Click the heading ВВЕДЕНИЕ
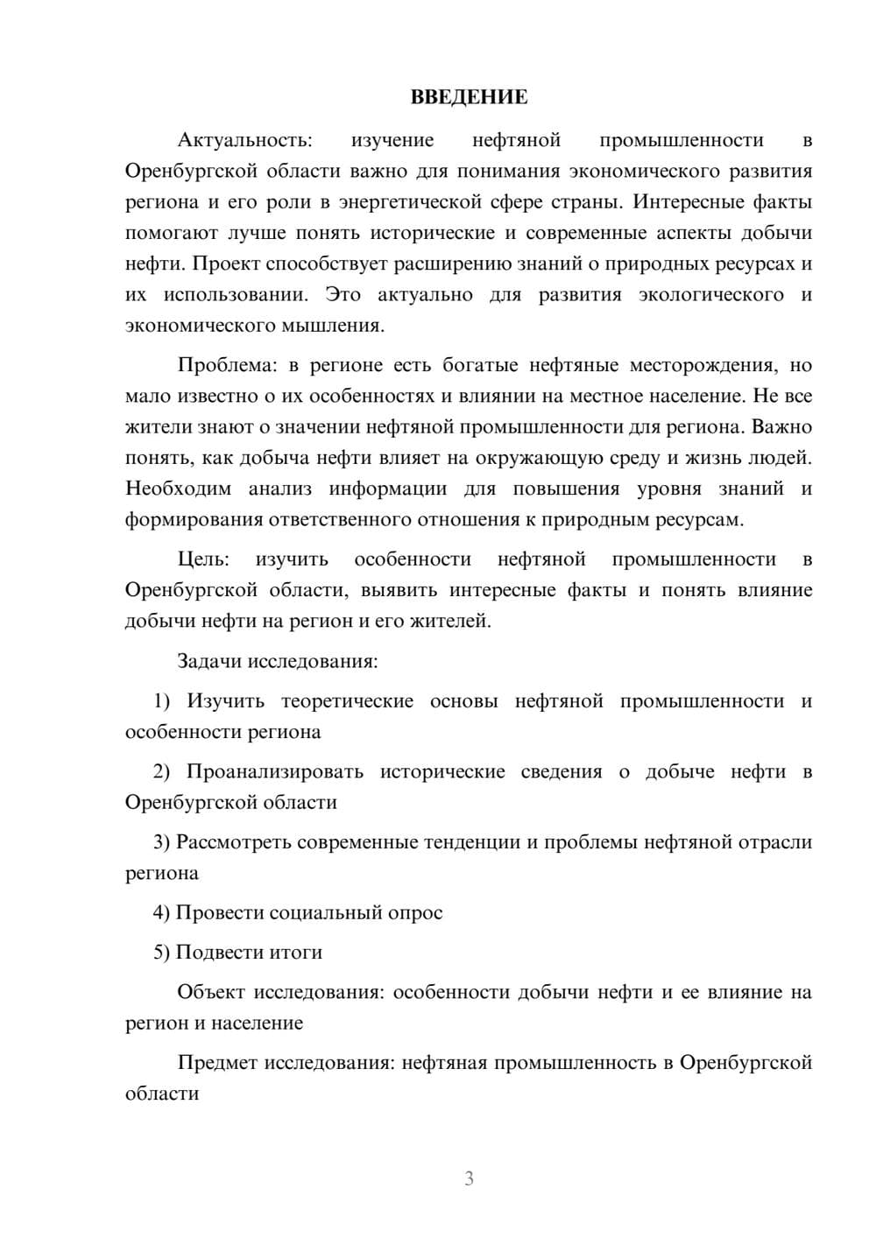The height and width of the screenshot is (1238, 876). click(469, 97)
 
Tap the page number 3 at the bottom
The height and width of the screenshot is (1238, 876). click(469, 1178)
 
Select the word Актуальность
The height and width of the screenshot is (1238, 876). click(244, 140)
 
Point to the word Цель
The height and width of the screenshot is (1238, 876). click(203, 559)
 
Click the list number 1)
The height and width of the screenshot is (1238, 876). click(162, 701)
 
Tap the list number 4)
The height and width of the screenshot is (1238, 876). click(162, 913)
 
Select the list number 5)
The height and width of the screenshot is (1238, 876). click(162, 953)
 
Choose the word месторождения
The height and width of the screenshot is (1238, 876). click(704, 365)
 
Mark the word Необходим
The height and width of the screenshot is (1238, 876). click(178, 489)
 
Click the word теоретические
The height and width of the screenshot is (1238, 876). click(347, 701)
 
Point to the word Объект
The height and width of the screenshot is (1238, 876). click(211, 992)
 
